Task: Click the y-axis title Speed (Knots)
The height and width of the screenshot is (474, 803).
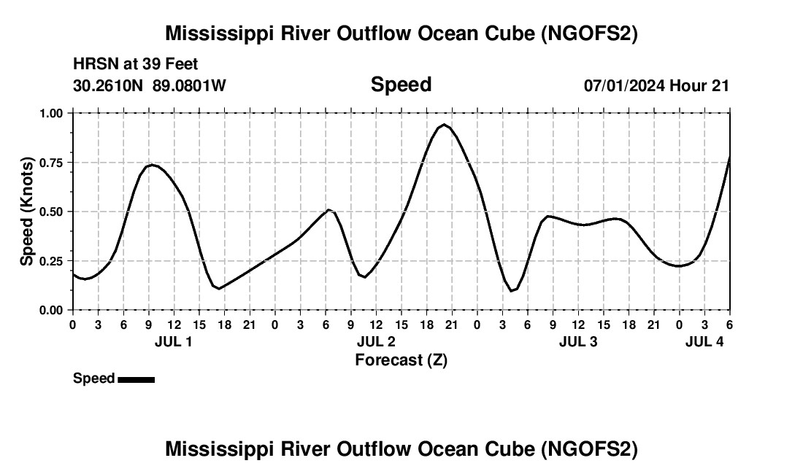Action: (x=27, y=211)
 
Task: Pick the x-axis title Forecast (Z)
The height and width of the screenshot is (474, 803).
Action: (x=401, y=360)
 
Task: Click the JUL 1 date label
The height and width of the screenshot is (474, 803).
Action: (x=174, y=341)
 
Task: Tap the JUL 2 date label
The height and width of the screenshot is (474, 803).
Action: (x=376, y=341)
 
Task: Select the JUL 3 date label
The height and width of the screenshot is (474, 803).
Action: (x=578, y=341)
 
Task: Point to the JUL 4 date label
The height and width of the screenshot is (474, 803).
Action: (x=704, y=341)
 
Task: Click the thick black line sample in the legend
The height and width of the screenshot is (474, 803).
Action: (x=136, y=379)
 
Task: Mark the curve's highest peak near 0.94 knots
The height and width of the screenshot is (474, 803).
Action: (x=444, y=125)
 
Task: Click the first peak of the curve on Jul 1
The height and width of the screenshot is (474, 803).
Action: (x=150, y=165)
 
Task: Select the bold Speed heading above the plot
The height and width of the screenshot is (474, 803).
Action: (x=401, y=85)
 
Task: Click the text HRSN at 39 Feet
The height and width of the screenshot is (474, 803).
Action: (x=135, y=65)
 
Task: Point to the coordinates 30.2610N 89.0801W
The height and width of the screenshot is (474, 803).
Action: (x=150, y=85)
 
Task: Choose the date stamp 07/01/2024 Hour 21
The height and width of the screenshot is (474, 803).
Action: (x=656, y=85)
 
